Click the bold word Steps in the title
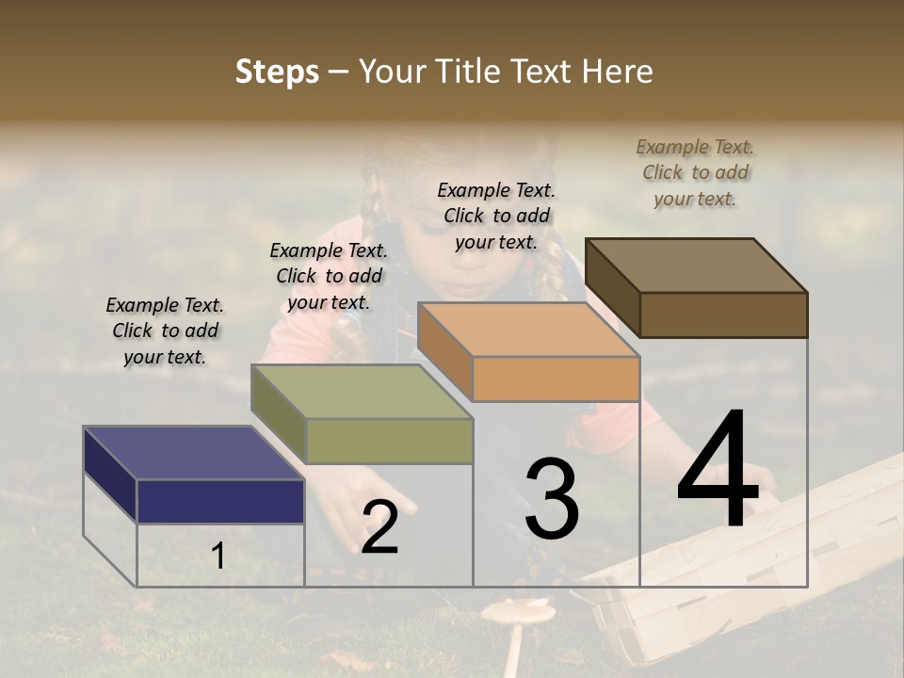pos(277,72)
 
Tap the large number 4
pos(718,472)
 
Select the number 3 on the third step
pos(552,500)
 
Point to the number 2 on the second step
pos(379,528)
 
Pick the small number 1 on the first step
pos(218,557)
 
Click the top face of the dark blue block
pos(193,453)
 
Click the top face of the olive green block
pos(362,392)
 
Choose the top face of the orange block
pos(528,330)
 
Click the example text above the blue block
pos(165,331)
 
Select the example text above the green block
pos(329,276)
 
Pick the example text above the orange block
pos(496,216)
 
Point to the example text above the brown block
pos(695,172)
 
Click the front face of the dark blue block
pos(220,501)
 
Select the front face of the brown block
pos(723,315)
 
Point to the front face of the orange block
pos(556,379)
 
